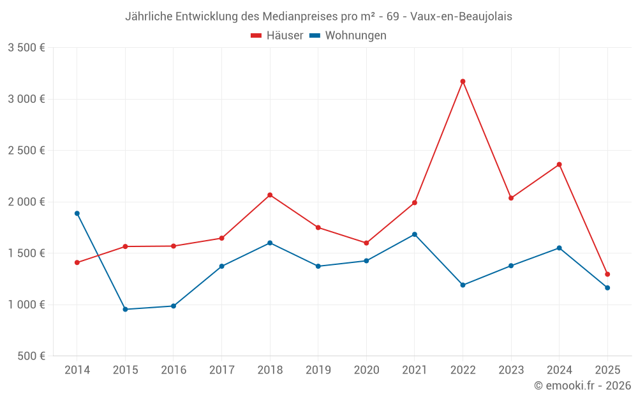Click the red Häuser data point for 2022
463,81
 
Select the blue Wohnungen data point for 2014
77,213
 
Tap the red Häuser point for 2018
270,195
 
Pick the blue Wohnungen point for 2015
125,309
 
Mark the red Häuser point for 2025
607,274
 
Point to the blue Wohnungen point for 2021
415,234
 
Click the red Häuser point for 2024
559,165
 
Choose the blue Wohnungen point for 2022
463,285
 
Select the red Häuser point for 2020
366,243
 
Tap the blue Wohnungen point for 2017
221,266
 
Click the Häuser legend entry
277,36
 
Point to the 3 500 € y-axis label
26,48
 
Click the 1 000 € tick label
26,305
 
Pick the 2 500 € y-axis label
26,151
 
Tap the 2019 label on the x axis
318,370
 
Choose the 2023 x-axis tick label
511,370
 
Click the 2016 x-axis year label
174,370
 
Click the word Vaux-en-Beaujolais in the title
461,17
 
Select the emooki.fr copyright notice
582,386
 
